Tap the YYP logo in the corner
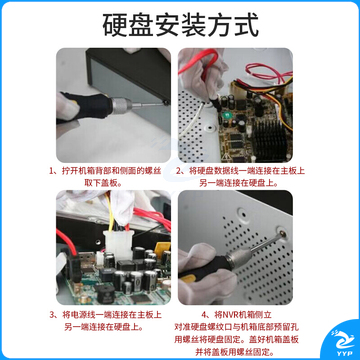[339, 342]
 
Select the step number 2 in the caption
[181, 171]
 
